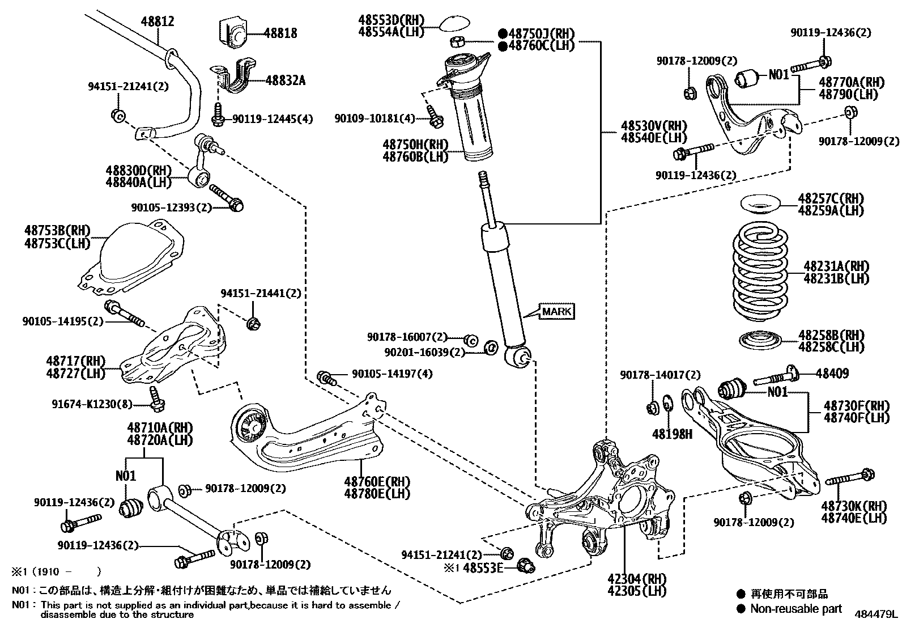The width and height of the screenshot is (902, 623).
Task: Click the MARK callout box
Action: pos(557,311)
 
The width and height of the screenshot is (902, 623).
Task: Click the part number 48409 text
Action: pos(833,373)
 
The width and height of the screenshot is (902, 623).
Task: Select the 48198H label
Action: pos(672,434)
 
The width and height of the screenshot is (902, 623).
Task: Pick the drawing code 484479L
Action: pos(877,614)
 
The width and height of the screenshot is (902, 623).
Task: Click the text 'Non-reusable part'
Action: pos(796,609)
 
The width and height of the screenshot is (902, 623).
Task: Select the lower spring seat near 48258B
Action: pos(760,340)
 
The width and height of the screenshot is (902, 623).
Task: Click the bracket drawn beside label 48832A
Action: pos(235,78)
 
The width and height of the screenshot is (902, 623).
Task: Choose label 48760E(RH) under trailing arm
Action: pos(377,482)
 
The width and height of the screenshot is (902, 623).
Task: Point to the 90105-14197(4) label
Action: pos(392,374)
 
